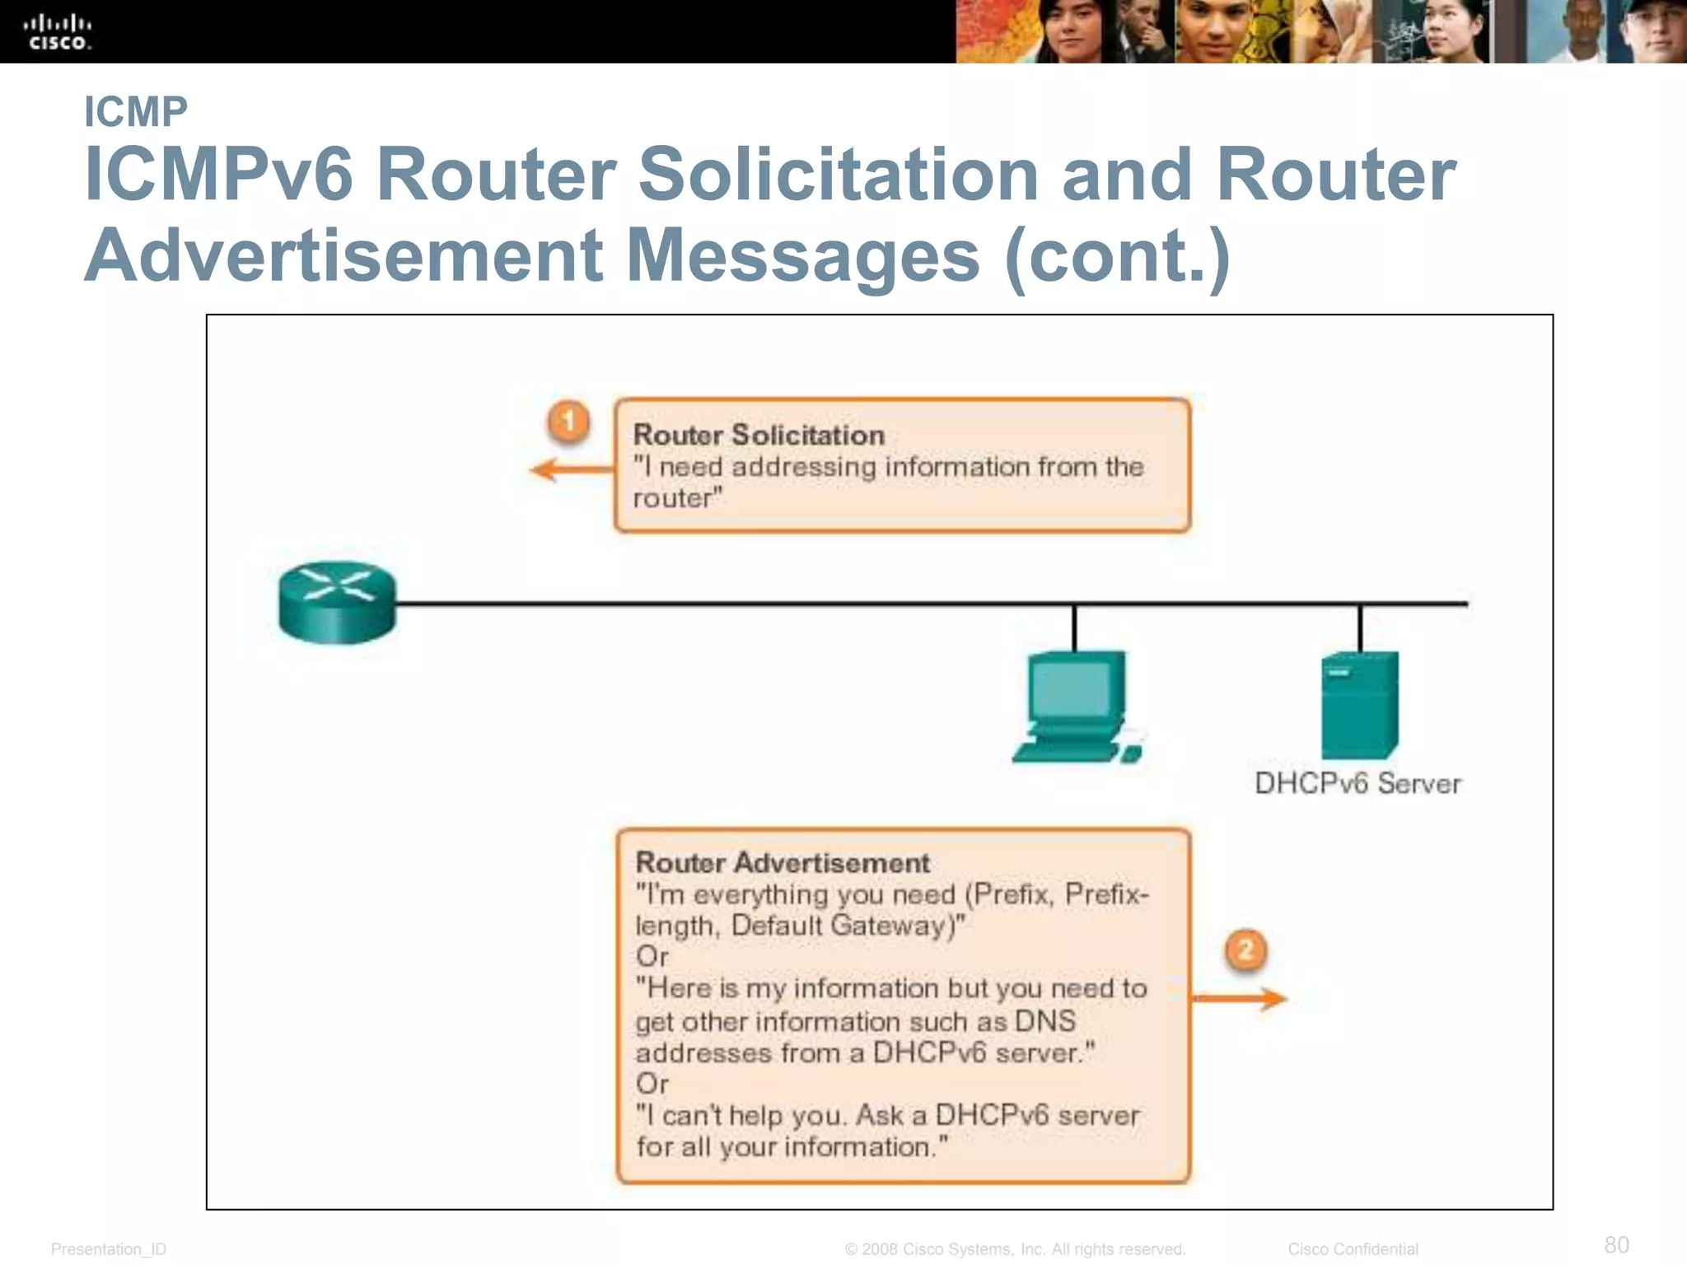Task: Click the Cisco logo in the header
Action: pyautogui.click(x=58, y=31)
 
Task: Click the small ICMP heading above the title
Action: pyautogui.click(x=136, y=112)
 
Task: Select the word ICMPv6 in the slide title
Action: pyautogui.click(x=219, y=175)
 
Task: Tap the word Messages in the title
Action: pyautogui.click(x=803, y=254)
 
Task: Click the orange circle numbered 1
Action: pyautogui.click(x=568, y=422)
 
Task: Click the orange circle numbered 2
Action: pyautogui.click(x=1245, y=950)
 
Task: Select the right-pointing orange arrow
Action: pyautogui.click(x=1240, y=999)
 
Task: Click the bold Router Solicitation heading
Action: pyautogui.click(x=759, y=435)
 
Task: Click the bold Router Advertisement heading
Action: pyautogui.click(x=783, y=862)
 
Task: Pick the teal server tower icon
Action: pyautogui.click(x=1359, y=705)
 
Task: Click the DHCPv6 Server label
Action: pyautogui.click(x=1358, y=783)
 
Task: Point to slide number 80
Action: pyautogui.click(x=1616, y=1244)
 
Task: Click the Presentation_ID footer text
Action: pyautogui.click(x=109, y=1249)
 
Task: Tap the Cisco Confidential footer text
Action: pyautogui.click(x=1353, y=1249)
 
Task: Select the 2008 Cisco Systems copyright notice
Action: pyautogui.click(x=1015, y=1249)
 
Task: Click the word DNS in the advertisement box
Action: pyautogui.click(x=1044, y=1021)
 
